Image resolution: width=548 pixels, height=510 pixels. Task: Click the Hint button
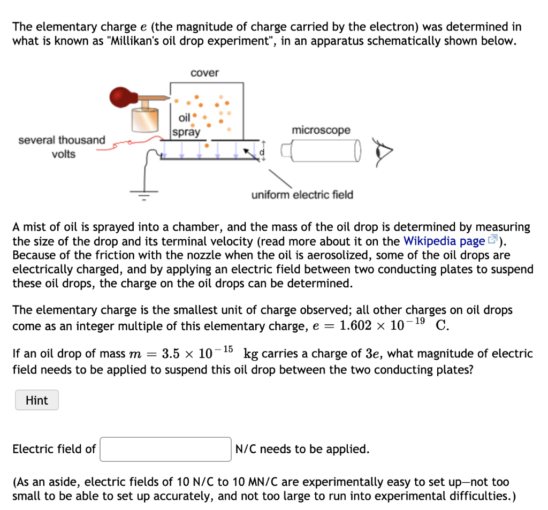pos(36,400)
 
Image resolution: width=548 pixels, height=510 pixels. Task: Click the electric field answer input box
pos(166,449)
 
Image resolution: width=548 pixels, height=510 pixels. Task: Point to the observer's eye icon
pos(384,152)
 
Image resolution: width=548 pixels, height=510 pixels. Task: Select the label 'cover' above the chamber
pos(204,73)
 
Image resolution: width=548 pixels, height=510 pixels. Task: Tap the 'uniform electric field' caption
pos(302,195)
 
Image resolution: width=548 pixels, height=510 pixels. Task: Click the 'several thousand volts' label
pos(62,147)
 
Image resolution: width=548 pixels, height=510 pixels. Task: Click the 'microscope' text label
pos(321,130)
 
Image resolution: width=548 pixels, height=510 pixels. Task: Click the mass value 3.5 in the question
pos(171,354)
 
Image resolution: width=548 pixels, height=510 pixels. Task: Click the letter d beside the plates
pos(262,153)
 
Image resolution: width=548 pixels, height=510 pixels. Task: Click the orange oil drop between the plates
pos(207,144)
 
